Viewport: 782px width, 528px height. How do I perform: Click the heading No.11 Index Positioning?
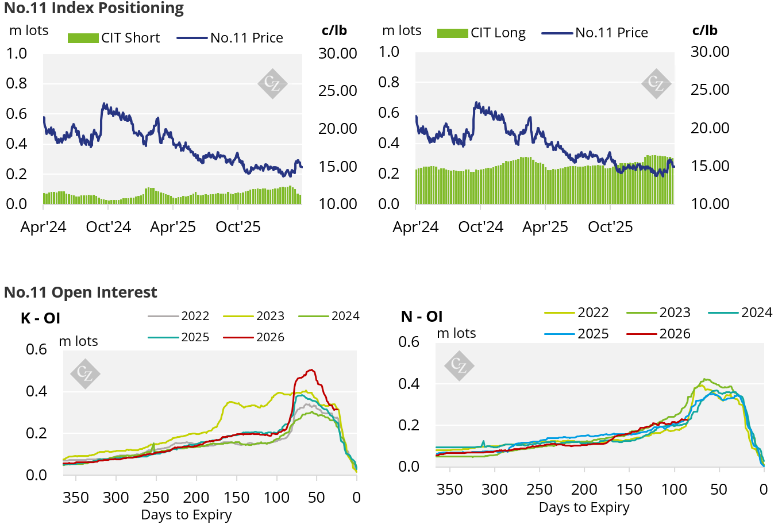click(x=94, y=9)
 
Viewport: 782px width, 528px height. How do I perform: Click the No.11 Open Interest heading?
click(x=80, y=292)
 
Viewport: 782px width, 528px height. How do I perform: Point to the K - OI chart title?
click(x=40, y=318)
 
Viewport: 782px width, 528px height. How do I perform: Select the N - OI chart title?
click(x=422, y=317)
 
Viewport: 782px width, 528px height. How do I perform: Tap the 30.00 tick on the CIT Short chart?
click(x=338, y=53)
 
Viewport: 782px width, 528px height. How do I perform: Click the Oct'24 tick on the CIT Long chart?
click(x=480, y=227)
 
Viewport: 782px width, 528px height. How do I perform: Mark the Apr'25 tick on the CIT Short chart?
click(x=172, y=227)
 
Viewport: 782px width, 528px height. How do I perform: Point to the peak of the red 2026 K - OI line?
click(x=311, y=370)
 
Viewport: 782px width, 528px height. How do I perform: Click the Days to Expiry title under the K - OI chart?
click(x=186, y=515)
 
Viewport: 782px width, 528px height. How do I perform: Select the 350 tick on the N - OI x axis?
click(x=449, y=490)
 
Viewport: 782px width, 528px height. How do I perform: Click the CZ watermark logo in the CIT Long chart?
click(x=656, y=83)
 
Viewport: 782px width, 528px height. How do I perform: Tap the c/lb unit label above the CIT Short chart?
click(x=334, y=30)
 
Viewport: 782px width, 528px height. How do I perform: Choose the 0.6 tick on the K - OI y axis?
click(x=36, y=349)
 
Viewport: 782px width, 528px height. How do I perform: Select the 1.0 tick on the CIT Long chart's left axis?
click(x=389, y=52)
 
